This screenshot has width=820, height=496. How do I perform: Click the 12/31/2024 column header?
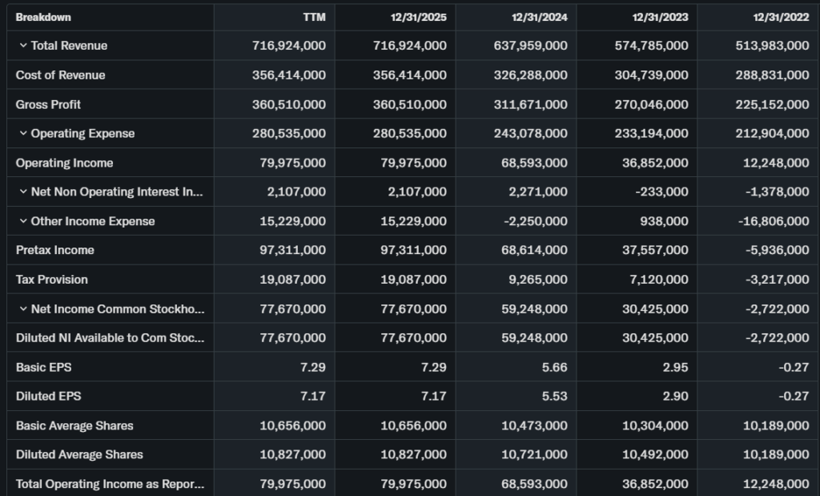[539, 17]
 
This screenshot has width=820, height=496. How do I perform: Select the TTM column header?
[315, 17]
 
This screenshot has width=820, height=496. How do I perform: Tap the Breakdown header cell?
[43, 17]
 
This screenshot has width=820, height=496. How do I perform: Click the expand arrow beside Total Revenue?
[23, 46]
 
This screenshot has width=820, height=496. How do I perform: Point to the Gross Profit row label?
[48, 104]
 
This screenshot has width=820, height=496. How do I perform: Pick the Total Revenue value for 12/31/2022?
[772, 46]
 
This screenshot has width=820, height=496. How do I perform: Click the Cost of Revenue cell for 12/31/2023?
[651, 75]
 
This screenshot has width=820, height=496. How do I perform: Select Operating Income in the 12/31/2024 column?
[530, 163]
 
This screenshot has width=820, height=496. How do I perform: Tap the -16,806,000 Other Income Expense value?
[772, 221]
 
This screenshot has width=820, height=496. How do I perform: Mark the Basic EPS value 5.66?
[553, 367]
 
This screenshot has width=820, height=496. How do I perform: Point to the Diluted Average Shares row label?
[79, 454]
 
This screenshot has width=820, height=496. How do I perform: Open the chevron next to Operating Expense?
[23, 134]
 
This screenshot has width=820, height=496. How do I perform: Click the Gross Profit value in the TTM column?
[288, 104]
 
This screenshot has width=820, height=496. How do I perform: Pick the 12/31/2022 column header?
[781, 17]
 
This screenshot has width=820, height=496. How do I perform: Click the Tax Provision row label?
[52, 280]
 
